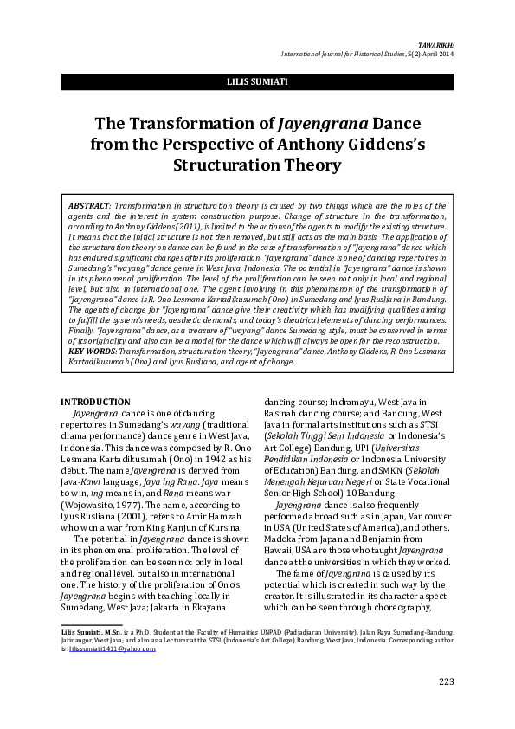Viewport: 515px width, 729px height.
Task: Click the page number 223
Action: (x=446, y=681)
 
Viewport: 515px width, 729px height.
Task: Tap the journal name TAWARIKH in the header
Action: (x=435, y=43)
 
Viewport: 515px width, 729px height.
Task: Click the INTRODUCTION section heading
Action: (x=95, y=402)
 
